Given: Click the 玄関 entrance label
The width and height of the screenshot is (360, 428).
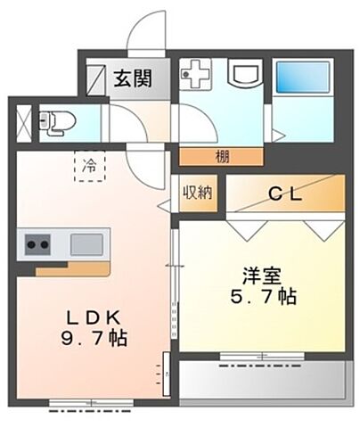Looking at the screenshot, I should pyautogui.click(x=131, y=78).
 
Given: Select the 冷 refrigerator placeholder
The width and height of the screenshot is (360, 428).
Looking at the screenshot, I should pyautogui.click(x=89, y=166).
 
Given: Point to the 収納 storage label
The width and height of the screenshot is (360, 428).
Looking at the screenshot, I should pyautogui.click(x=197, y=193).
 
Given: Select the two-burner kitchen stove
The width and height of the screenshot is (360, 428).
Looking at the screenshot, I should pyautogui.click(x=37, y=243).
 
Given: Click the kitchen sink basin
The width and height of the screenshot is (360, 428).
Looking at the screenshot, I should pyautogui.click(x=87, y=243).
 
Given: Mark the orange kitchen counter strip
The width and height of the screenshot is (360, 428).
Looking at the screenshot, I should pyautogui.click(x=84, y=267).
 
